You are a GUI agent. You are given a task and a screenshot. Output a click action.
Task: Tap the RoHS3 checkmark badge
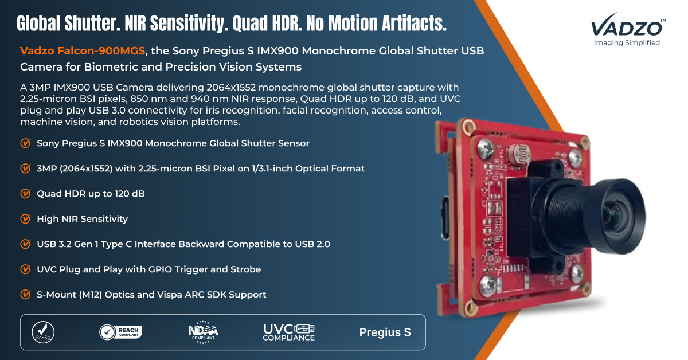point(43,332)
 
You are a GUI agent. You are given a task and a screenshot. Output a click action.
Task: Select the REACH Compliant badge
point(121,332)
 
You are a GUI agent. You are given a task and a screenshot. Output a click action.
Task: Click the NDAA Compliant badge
point(203,332)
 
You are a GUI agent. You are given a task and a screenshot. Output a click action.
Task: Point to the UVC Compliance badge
point(289,332)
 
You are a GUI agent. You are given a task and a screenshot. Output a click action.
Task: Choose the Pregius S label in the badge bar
point(385,332)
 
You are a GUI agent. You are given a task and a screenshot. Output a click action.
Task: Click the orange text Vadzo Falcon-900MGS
point(83,50)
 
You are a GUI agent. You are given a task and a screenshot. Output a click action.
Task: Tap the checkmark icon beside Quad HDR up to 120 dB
point(25,194)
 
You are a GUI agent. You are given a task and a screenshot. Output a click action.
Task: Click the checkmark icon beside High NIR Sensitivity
point(25,219)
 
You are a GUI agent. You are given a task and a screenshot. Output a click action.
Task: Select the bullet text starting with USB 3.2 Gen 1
point(183,244)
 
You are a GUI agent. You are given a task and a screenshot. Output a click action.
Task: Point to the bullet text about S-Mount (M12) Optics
point(151,295)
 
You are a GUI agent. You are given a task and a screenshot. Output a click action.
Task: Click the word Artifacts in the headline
point(414,24)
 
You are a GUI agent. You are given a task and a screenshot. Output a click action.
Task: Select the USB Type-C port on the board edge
point(444,218)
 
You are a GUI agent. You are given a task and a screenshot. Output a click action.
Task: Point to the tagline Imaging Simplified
point(627,42)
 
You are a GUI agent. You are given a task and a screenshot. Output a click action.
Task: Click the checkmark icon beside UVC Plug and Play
point(25,269)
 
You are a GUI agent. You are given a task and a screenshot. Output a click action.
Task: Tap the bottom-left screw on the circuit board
point(488,285)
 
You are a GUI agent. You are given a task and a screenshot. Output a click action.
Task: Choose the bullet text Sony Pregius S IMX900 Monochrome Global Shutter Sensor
point(173,143)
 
